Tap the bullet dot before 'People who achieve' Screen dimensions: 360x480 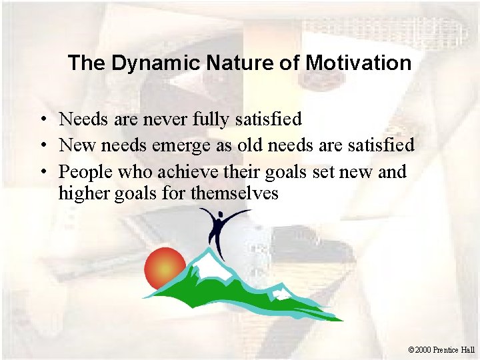pyautogui.click(x=41, y=172)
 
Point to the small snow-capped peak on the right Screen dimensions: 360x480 pyautogui.click(x=281, y=292)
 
